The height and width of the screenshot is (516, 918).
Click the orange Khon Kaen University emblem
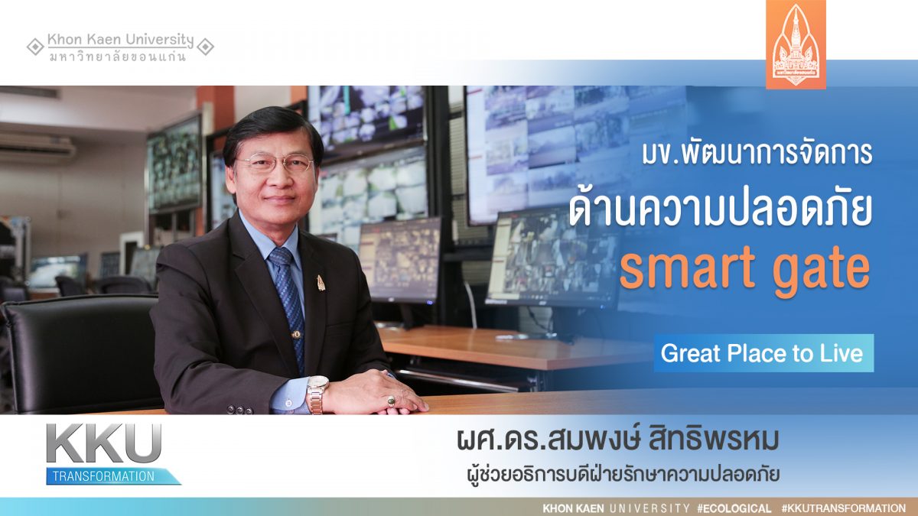[x=796, y=44]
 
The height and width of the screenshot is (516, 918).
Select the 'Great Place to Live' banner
[x=763, y=353]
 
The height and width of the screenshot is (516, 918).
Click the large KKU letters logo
[x=104, y=443]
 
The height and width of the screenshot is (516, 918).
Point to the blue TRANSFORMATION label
[x=112, y=476]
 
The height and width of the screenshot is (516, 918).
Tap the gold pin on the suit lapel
[x=321, y=283]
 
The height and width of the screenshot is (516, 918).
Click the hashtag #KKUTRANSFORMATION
[x=843, y=508]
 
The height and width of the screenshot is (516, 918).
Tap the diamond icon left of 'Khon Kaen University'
[x=35, y=47]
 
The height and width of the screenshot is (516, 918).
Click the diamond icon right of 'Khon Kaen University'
[x=205, y=47]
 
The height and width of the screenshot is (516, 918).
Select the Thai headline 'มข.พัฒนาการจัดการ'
[x=757, y=154]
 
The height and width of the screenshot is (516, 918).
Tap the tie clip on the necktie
[x=296, y=335]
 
